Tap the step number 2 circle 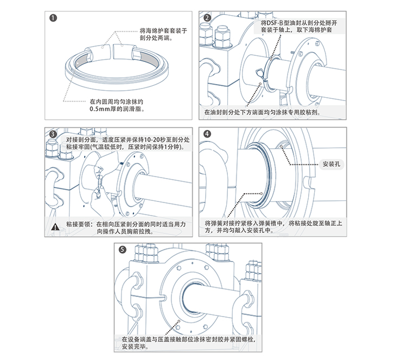[x=207, y=17]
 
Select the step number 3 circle [x=53, y=134]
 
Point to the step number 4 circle [x=207, y=134]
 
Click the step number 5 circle [x=123, y=250]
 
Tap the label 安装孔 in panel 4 [x=330, y=163]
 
